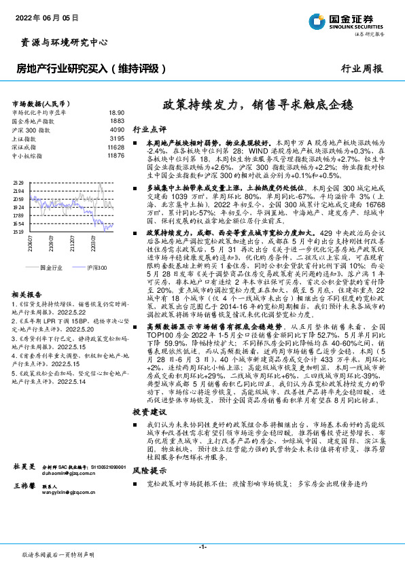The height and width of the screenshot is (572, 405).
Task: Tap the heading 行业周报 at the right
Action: click(x=362, y=69)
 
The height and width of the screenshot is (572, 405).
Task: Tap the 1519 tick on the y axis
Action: click(x=18, y=232)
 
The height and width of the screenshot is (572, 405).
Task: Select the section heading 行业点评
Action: click(x=149, y=128)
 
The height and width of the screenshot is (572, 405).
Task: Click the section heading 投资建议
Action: click(x=149, y=412)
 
